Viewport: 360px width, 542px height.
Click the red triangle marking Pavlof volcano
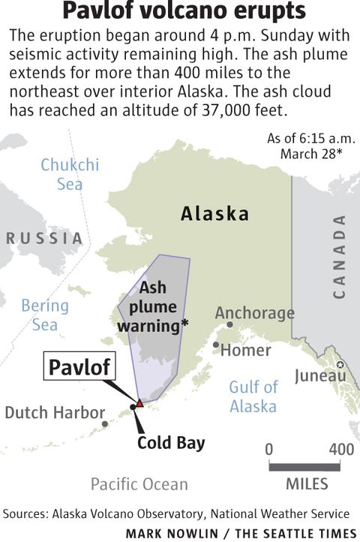pos(139,403)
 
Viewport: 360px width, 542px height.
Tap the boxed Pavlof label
pos(79,367)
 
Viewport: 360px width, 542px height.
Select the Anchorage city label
pos(255,312)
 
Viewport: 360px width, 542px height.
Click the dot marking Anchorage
pos(230,325)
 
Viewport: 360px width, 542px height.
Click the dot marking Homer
pos(216,345)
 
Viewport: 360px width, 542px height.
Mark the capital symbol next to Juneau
pos(340,365)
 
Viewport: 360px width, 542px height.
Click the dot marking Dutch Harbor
pos(105,424)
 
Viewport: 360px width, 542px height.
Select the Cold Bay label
pos(171,443)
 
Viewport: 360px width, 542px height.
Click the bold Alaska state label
pos(214,214)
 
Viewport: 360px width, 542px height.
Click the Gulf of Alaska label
pos(253,396)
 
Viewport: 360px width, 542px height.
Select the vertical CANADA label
pos(340,256)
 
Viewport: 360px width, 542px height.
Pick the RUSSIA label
pos(44,238)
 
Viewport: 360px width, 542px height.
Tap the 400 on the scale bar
pos(341,449)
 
